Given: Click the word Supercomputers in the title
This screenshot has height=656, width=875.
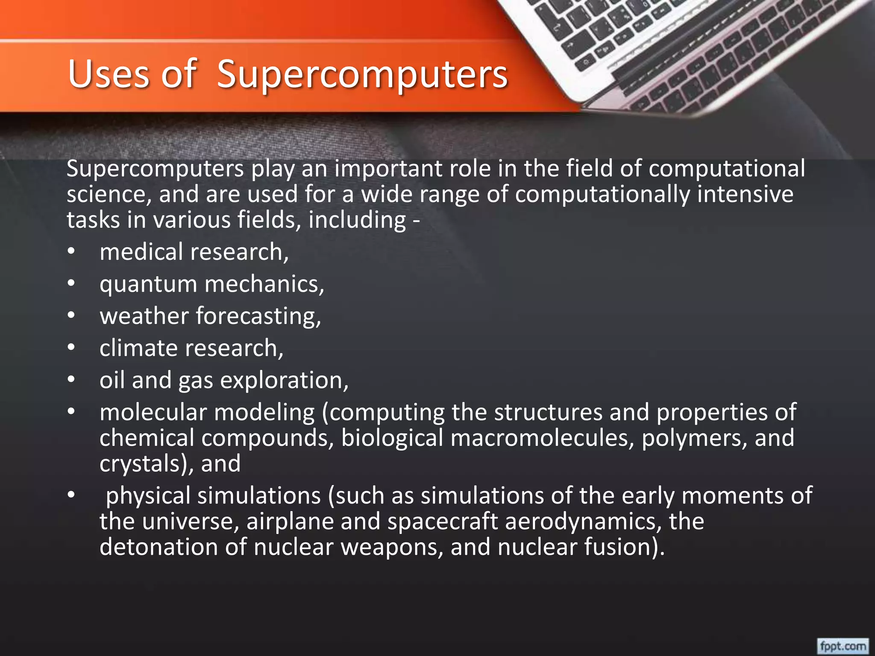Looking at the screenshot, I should point(362,75).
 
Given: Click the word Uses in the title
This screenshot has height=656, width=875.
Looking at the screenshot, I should point(109,75).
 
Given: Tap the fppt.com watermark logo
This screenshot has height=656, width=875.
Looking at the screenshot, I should point(843,645).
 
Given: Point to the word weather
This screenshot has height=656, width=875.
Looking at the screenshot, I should point(144,316).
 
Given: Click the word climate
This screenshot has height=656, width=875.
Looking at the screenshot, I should point(138,348).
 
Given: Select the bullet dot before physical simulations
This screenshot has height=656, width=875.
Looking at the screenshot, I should point(71,495).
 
